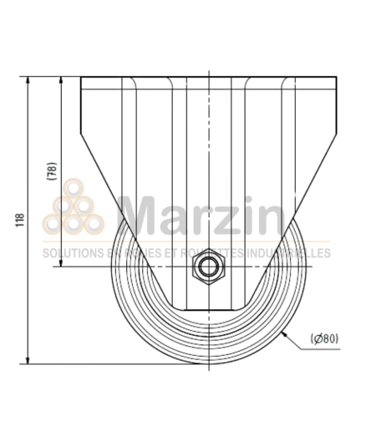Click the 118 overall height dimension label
point(18,221)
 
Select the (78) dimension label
point(51,171)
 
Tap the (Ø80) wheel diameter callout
point(324,338)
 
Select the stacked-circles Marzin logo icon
point(74,209)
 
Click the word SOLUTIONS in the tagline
point(71,252)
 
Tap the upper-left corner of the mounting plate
point(81,78)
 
